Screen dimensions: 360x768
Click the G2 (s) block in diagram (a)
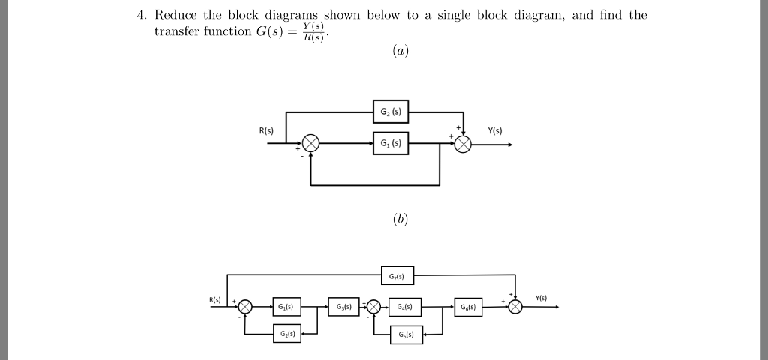[x=390, y=112]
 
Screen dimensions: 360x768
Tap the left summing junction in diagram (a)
[x=310, y=144]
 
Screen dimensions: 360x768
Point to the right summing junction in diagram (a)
[x=463, y=144]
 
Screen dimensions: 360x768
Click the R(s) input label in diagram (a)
[x=266, y=131]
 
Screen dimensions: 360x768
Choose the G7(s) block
[x=397, y=276]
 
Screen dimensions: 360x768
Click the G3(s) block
[x=343, y=307]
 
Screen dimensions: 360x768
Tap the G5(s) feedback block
[x=406, y=334]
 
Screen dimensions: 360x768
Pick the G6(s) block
[x=467, y=307]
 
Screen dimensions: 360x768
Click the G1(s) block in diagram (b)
[x=285, y=307]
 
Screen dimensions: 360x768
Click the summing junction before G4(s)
[x=373, y=307]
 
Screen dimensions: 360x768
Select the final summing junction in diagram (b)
[x=515, y=307]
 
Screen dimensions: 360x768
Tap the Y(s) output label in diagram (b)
[x=541, y=298]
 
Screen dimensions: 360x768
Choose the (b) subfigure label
[x=400, y=219]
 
